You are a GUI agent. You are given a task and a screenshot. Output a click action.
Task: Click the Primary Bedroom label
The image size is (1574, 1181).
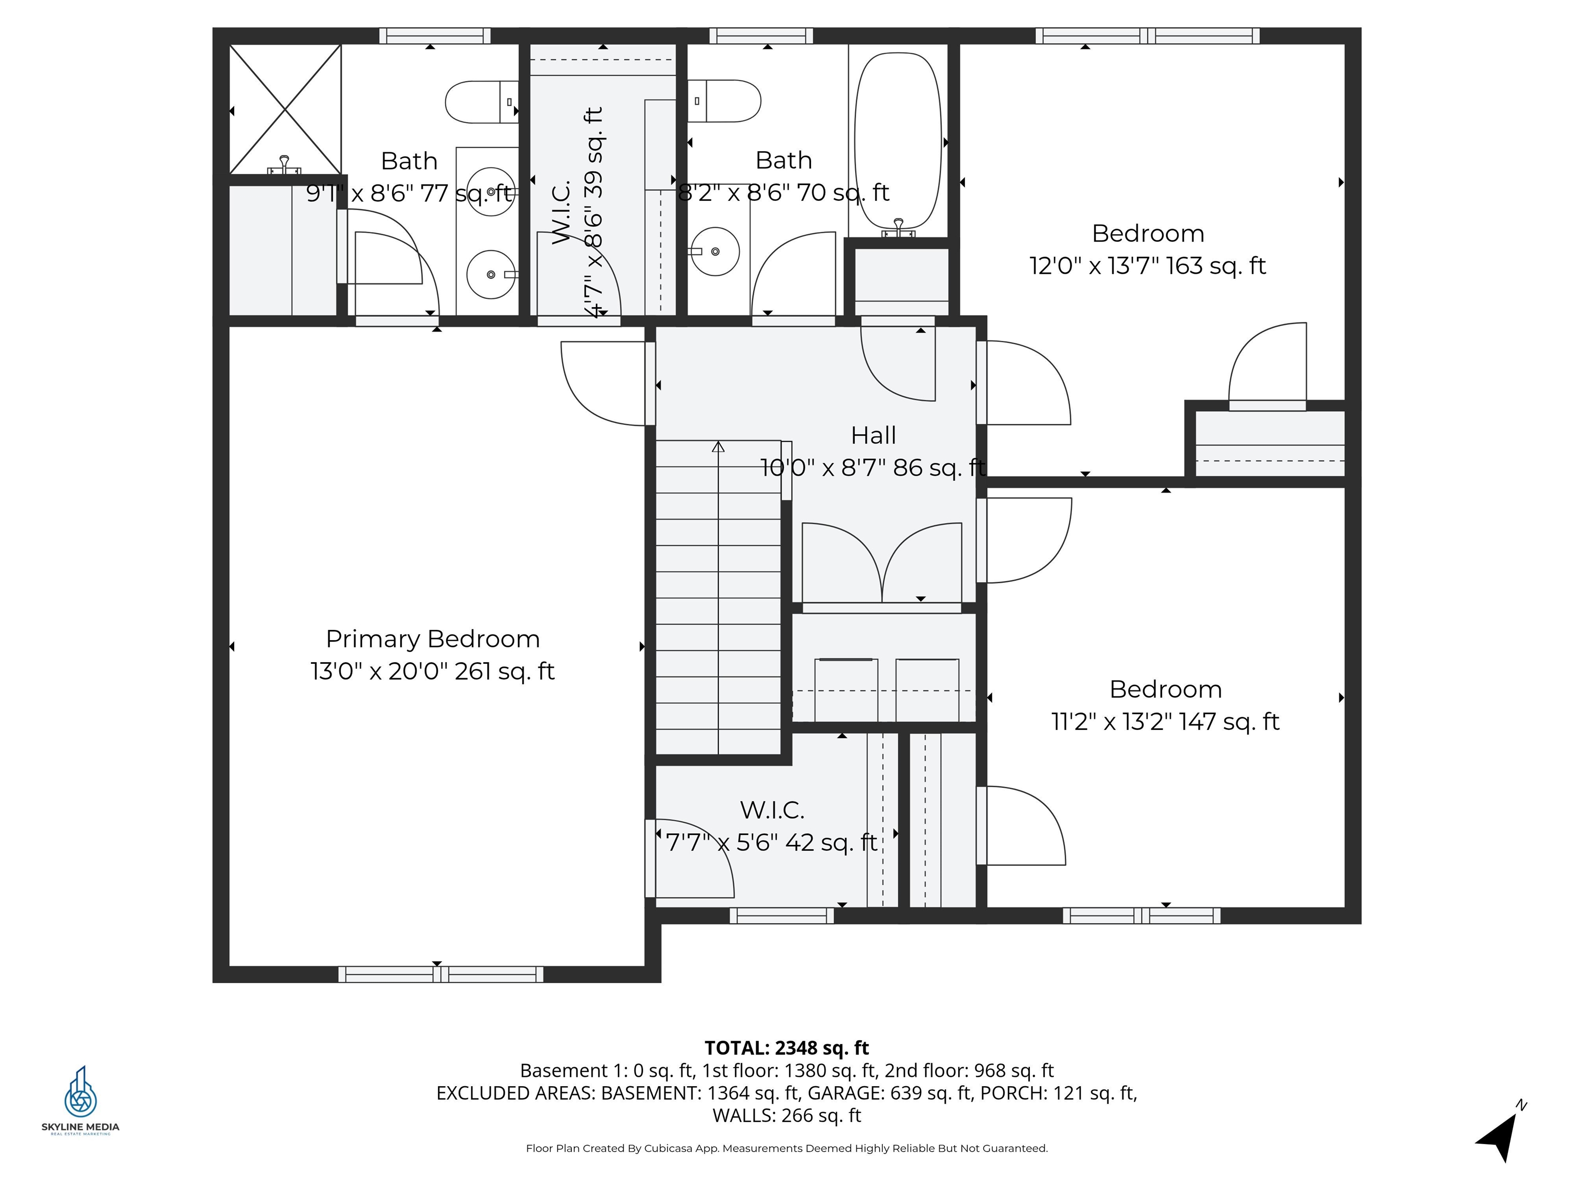pos(432,639)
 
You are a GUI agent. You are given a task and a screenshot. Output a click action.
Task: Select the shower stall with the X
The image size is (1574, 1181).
pos(285,109)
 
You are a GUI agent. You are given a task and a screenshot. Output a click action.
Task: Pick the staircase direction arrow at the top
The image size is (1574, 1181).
pos(718,447)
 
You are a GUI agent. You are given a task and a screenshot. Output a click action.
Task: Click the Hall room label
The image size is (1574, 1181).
pos(873,435)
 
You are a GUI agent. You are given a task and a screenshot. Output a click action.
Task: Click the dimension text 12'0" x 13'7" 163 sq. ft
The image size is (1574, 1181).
pos(1147,266)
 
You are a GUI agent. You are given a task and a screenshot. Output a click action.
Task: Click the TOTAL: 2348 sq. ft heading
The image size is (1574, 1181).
pos(786,1048)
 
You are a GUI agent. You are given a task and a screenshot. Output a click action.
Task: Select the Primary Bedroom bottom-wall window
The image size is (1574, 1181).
pos(441,974)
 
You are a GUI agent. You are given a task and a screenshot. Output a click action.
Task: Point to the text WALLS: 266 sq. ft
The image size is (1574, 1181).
pos(786,1115)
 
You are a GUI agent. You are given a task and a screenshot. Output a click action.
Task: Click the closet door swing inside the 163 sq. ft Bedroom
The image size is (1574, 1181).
pos(1267,363)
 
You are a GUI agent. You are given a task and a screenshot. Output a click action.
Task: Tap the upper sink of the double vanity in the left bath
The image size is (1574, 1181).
pos(491,191)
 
